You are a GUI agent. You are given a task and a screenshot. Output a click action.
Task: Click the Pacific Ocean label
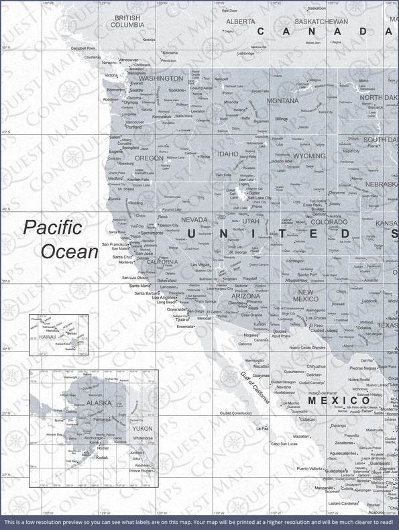pyautogui.click(x=61, y=240)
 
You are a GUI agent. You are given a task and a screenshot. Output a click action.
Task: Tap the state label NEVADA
pyautogui.click(x=194, y=219)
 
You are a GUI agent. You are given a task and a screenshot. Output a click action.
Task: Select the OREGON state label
pyautogui.click(x=149, y=158)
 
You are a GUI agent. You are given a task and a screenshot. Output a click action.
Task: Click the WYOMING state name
pyautogui.click(x=309, y=156)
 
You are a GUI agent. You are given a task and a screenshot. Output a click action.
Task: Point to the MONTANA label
pyautogui.click(x=282, y=101)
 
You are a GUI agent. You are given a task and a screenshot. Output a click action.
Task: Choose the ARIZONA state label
pyautogui.click(x=245, y=295)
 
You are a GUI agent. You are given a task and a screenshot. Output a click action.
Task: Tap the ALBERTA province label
pyautogui.click(x=240, y=21)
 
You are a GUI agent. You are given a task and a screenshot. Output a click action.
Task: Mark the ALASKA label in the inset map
pyautogui.click(x=99, y=403)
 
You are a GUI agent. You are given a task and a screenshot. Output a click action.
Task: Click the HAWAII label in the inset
pyautogui.click(x=47, y=337)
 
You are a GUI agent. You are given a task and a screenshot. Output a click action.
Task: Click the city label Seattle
pyautogui.click(x=136, y=90)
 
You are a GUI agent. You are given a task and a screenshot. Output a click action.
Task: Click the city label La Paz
pyautogui.click(x=262, y=427)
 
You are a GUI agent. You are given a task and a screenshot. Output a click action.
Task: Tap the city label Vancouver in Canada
pyautogui.click(x=128, y=60)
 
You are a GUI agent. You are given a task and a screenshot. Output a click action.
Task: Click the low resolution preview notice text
pyautogui.click(x=199, y=521)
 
